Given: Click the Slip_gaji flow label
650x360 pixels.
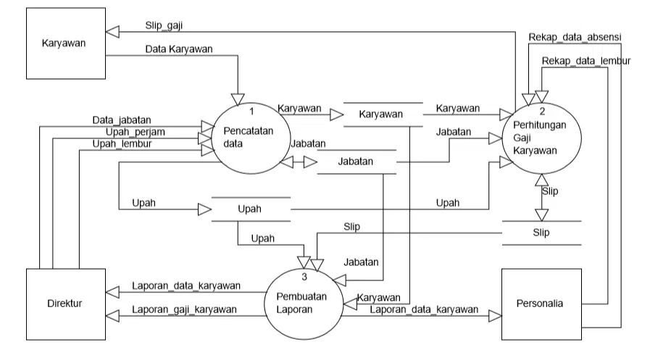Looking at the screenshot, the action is [164, 25].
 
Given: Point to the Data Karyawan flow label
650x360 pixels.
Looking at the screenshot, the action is [179, 49].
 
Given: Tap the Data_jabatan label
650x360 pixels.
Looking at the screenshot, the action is [122, 120].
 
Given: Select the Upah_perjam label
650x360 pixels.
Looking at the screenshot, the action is [135, 132].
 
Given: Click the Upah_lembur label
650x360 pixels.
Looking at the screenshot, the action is [122, 143].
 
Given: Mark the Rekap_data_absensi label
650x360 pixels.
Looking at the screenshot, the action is [575, 37].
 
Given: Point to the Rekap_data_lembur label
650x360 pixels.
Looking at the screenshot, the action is [586, 61].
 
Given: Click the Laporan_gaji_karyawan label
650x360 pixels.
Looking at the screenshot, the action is [184, 310].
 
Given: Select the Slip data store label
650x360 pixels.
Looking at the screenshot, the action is [541, 233].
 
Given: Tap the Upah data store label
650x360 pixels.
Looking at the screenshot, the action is [249, 209].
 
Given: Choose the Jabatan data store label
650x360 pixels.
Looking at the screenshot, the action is [355, 161].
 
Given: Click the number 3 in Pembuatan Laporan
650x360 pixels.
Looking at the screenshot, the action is [304, 277].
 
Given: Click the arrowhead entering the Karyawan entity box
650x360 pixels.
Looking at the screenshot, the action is [112, 32].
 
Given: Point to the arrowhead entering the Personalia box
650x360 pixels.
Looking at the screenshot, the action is [496, 316].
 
